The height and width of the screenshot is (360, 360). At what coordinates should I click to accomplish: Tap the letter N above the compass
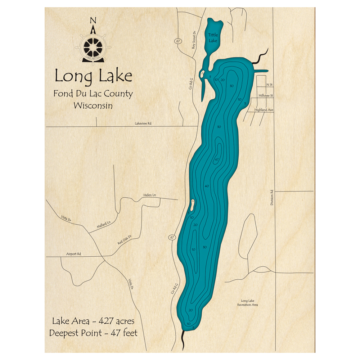[x=93, y=20]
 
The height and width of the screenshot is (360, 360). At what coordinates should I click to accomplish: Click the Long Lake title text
[x=93, y=76]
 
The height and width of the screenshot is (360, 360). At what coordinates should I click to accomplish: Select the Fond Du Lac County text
[x=93, y=94]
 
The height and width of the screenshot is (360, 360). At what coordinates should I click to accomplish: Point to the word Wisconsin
[x=93, y=106]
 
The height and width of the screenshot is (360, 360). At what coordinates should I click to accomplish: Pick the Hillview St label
[x=266, y=96]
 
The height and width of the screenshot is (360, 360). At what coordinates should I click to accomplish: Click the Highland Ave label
[x=264, y=109]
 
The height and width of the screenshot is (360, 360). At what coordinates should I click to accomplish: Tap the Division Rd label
[x=272, y=198]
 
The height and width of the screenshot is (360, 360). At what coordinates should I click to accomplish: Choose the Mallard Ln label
[x=104, y=226]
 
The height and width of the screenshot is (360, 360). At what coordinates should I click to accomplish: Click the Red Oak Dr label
[x=125, y=240]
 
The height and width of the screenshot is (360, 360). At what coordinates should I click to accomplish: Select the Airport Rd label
[x=73, y=254]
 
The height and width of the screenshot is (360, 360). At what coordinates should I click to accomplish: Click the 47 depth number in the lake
[x=217, y=159]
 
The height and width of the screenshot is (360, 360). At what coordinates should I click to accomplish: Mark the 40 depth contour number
[x=207, y=186]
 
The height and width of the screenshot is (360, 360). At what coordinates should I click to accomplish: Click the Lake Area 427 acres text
[x=93, y=321]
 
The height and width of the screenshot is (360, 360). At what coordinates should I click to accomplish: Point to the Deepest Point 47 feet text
[x=93, y=333]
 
